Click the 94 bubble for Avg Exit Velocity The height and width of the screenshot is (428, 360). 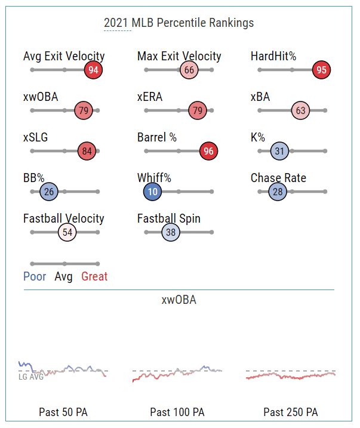click(93, 70)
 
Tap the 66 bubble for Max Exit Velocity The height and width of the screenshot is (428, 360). click(189, 70)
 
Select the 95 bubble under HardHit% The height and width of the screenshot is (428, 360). click(321, 70)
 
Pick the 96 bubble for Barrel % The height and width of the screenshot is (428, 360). click(208, 151)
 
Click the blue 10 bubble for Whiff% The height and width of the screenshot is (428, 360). click(152, 192)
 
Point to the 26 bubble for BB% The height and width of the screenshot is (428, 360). click(49, 192)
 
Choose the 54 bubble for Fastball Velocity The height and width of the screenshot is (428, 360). click(67, 232)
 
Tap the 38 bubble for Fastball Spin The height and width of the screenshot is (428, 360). click(171, 232)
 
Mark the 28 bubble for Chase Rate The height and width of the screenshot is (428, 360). click(278, 192)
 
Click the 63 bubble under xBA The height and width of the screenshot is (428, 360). click(300, 110)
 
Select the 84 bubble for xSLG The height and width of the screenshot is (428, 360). click(87, 151)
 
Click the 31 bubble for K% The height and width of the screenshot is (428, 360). click(279, 151)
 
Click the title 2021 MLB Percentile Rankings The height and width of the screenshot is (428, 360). click(179, 23)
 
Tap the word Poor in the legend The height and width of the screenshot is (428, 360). click(35, 277)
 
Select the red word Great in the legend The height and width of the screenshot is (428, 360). click(94, 277)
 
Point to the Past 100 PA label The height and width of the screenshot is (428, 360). click(177, 412)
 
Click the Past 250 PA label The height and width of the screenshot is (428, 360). click(291, 412)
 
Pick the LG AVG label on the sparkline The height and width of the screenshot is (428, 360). click(31, 377)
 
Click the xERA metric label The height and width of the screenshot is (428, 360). click(150, 97)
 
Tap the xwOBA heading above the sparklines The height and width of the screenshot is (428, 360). click(179, 300)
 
